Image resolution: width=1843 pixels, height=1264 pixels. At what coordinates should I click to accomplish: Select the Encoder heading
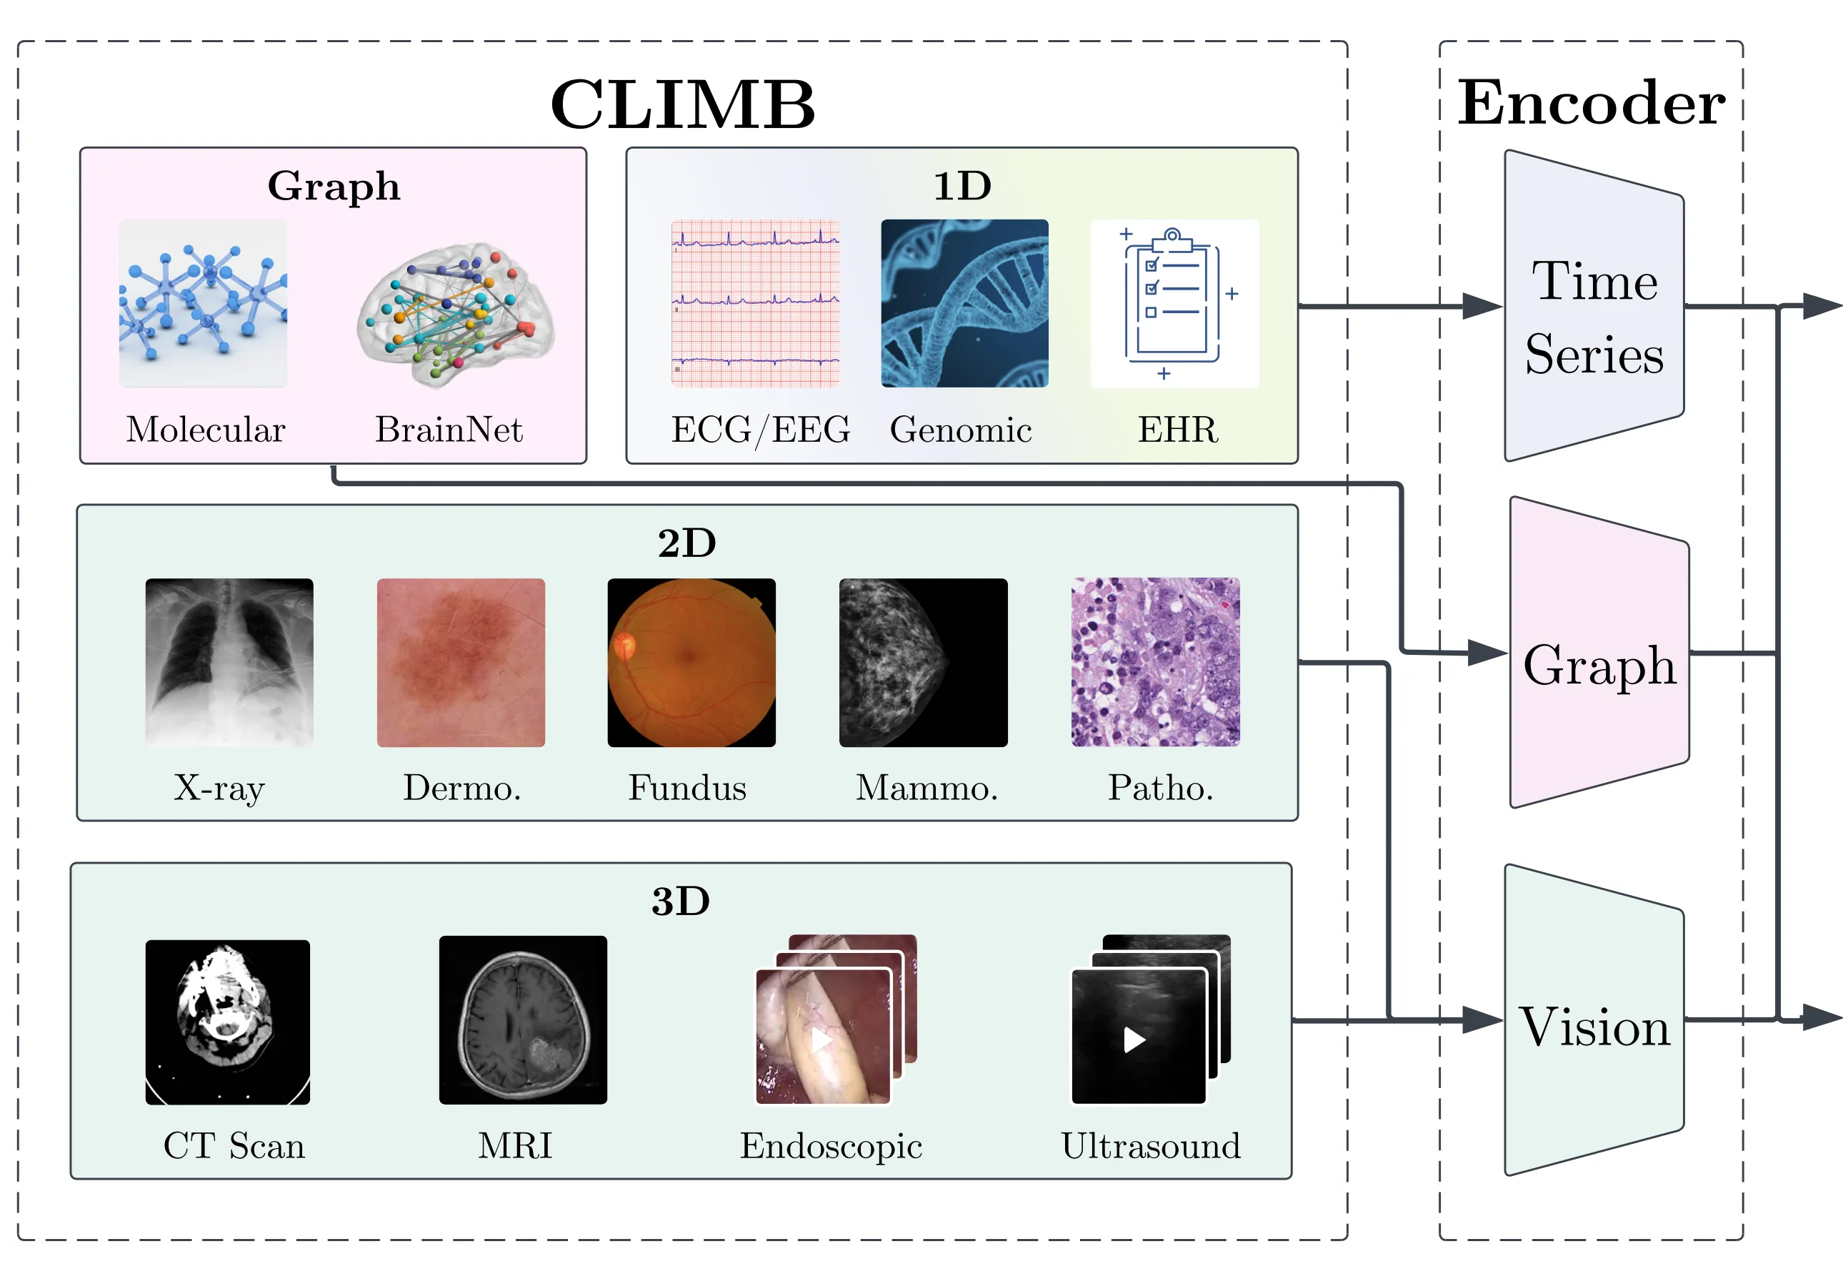pyautogui.click(x=1591, y=102)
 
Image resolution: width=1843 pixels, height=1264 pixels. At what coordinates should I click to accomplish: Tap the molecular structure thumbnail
pyautogui.click(x=203, y=303)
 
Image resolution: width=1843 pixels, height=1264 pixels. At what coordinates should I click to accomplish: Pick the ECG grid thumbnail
pyautogui.click(x=755, y=303)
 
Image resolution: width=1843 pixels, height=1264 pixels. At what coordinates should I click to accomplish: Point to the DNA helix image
pyautogui.click(x=964, y=303)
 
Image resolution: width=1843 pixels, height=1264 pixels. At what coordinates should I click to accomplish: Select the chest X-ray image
pyautogui.click(x=229, y=662)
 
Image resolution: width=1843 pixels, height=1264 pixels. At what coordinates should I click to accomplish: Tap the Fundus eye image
pyautogui.click(x=691, y=662)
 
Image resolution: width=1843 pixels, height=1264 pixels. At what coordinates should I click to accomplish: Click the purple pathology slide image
pyautogui.click(x=1154, y=662)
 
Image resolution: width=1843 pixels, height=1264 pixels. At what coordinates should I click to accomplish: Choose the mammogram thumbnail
pyautogui.click(x=923, y=662)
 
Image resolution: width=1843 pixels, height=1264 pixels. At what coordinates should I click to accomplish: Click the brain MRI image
pyautogui.click(x=523, y=1019)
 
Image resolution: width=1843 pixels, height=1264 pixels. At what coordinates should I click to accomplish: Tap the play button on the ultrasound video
pyautogui.click(x=1134, y=1039)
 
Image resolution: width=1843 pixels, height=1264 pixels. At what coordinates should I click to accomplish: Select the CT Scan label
pyautogui.click(x=234, y=1145)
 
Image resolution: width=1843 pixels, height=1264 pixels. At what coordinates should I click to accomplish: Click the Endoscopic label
pyautogui.click(x=831, y=1145)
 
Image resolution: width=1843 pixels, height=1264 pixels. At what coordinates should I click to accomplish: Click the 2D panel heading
pyautogui.click(x=686, y=543)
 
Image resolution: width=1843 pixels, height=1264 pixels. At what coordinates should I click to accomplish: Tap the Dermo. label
pyautogui.click(x=461, y=787)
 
